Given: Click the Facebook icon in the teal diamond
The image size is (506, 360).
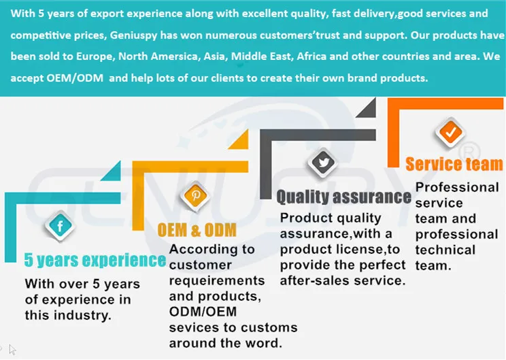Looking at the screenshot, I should pyautogui.click(x=60, y=225).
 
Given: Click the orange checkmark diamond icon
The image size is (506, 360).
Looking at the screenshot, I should pyautogui.click(x=450, y=132).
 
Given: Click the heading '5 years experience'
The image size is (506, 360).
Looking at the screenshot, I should pyautogui.click(x=95, y=260).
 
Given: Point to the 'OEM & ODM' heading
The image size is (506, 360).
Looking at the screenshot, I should pyautogui.click(x=197, y=229).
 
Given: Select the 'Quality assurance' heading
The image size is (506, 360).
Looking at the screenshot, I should pyautogui.click(x=343, y=197).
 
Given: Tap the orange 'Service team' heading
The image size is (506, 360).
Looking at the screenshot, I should pyautogui.click(x=454, y=164).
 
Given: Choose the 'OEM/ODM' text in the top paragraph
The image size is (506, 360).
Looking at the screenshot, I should pyautogui.click(x=74, y=78).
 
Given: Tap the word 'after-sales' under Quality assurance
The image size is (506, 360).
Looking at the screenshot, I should pyautogui.click(x=314, y=280).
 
